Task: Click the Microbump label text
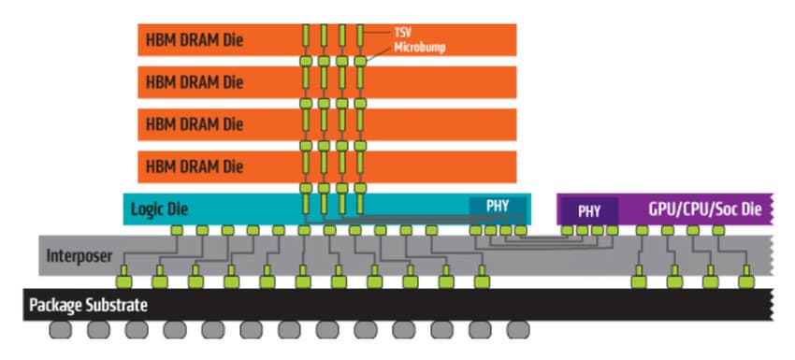click(x=420, y=47)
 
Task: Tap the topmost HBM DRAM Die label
click(x=195, y=40)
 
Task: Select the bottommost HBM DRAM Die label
click(x=195, y=166)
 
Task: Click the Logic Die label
click(x=159, y=209)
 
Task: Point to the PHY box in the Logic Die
click(x=498, y=206)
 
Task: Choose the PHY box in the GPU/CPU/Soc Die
click(x=588, y=210)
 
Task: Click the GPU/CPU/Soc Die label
click(x=705, y=209)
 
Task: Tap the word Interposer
click(x=79, y=255)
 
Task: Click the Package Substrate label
click(x=88, y=305)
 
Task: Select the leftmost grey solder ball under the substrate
click(x=61, y=330)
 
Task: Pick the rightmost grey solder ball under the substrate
click(x=518, y=330)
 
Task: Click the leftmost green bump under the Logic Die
click(x=177, y=230)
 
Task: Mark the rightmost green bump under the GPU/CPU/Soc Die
click(x=718, y=230)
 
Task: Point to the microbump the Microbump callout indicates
click(x=360, y=62)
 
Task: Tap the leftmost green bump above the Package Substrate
click(x=124, y=281)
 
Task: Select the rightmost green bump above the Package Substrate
click(x=746, y=281)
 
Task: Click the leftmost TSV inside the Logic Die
click(x=306, y=203)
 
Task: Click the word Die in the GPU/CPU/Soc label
click(x=749, y=209)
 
